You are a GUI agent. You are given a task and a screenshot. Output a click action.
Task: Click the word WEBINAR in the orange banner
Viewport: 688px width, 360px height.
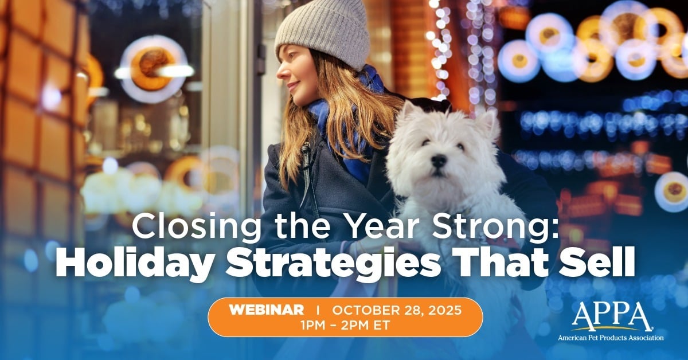pos(267,310)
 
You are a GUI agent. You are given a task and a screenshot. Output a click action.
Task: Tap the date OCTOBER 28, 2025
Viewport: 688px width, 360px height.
pos(397,310)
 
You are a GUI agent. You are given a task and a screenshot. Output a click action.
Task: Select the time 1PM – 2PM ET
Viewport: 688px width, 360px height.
pos(345,324)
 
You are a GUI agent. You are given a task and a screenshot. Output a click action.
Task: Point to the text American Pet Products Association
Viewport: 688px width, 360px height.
pos(611,338)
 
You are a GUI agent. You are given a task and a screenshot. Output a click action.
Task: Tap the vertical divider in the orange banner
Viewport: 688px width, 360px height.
pos(318,310)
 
